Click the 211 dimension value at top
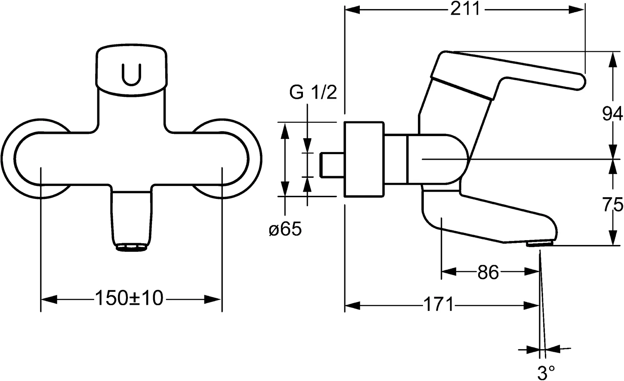(x=465, y=9)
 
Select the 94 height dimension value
(x=612, y=114)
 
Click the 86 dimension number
(x=488, y=272)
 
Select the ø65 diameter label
(x=285, y=229)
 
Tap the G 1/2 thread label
(x=313, y=93)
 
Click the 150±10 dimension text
(x=129, y=298)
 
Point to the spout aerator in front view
(x=131, y=247)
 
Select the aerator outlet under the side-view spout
(x=539, y=244)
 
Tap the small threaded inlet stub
(x=331, y=165)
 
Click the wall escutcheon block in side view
(x=364, y=159)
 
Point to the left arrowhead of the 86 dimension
(x=448, y=272)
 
